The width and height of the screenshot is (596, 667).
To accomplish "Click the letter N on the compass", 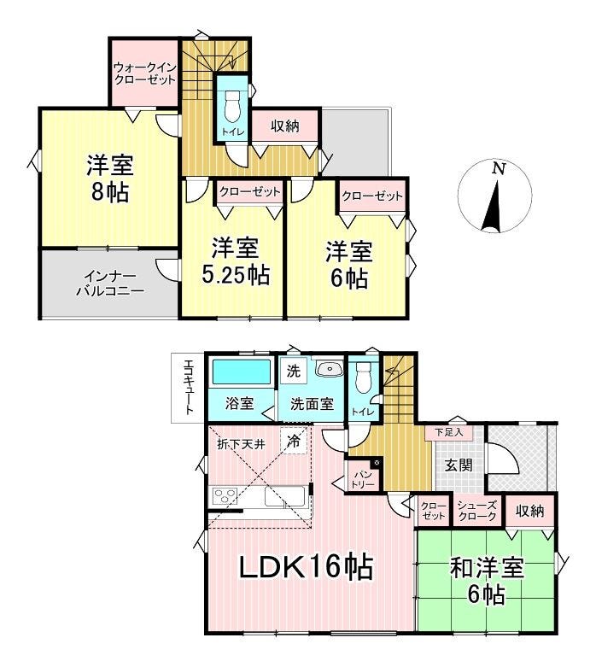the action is coord(498,169).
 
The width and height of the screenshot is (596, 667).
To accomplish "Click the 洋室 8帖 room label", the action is coord(110,179).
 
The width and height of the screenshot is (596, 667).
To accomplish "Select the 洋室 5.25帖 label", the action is coord(236,261).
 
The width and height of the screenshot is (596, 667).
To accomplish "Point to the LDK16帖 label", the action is coord(307,567).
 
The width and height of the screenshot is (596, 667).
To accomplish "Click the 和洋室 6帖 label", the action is coord(487,582).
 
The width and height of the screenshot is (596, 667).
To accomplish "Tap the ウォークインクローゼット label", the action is coord(144,73).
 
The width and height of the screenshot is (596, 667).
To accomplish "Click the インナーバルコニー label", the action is coord(110,284).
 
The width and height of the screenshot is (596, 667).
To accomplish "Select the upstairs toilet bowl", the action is coord(232,106).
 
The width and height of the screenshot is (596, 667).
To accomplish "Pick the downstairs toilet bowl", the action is coord(362,377).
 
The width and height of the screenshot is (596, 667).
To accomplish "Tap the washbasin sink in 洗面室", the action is coord(330,369).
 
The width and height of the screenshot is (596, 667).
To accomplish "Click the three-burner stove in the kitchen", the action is coord(225,496).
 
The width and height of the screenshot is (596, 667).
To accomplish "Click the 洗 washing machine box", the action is coord(293,372).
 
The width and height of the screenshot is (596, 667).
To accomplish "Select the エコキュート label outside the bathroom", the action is coord(188,387).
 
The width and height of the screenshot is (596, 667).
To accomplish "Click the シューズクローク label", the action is coord(476,511).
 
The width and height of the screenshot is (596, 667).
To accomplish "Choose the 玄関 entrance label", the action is coord(459,465).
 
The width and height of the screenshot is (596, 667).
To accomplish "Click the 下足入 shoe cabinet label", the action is coord(448,433).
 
